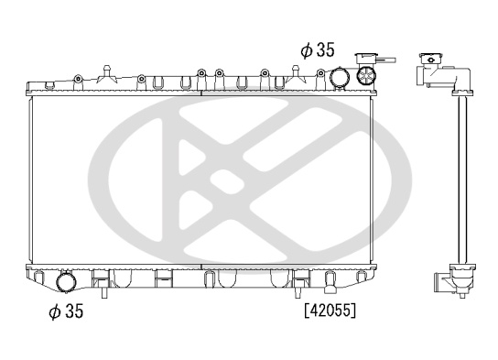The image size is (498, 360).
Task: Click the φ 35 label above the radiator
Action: pyautogui.click(x=318, y=49)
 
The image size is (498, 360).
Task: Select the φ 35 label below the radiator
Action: pyautogui.click(x=66, y=311)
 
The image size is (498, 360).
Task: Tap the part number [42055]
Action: pyautogui.click(x=330, y=311)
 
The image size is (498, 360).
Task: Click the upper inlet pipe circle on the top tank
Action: pyautogui.click(x=340, y=77)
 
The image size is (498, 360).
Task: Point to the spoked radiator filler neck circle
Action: pyautogui.click(x=366, y=76)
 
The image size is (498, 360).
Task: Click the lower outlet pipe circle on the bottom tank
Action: pyautogui.click(x=66, y=281)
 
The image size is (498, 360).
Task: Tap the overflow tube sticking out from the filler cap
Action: pyautogui.click(x=386, y=60)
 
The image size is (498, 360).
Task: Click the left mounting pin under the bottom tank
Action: pyautogui.click(x=104, y=292)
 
